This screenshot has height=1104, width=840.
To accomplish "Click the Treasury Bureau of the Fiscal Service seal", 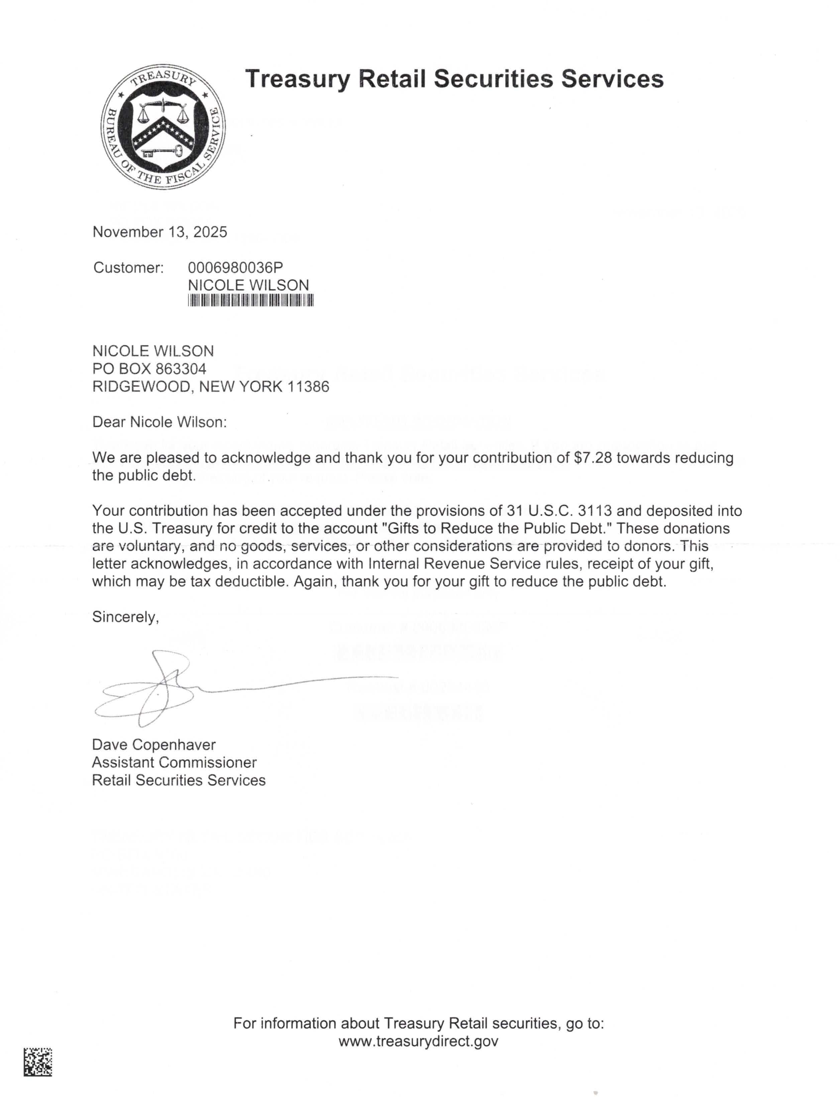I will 163,127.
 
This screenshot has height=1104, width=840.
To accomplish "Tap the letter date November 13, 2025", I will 160,232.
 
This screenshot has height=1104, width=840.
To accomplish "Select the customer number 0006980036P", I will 235,267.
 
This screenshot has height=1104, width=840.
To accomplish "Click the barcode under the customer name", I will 250,300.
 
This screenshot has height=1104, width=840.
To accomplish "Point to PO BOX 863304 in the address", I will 149,369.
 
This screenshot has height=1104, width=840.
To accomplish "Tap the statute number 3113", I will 595,511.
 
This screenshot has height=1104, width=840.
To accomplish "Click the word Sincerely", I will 125,617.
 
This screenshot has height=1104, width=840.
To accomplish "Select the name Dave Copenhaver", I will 153,745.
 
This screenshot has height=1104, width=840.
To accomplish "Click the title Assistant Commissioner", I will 174,763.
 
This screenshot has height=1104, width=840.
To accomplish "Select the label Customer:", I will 128,268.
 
